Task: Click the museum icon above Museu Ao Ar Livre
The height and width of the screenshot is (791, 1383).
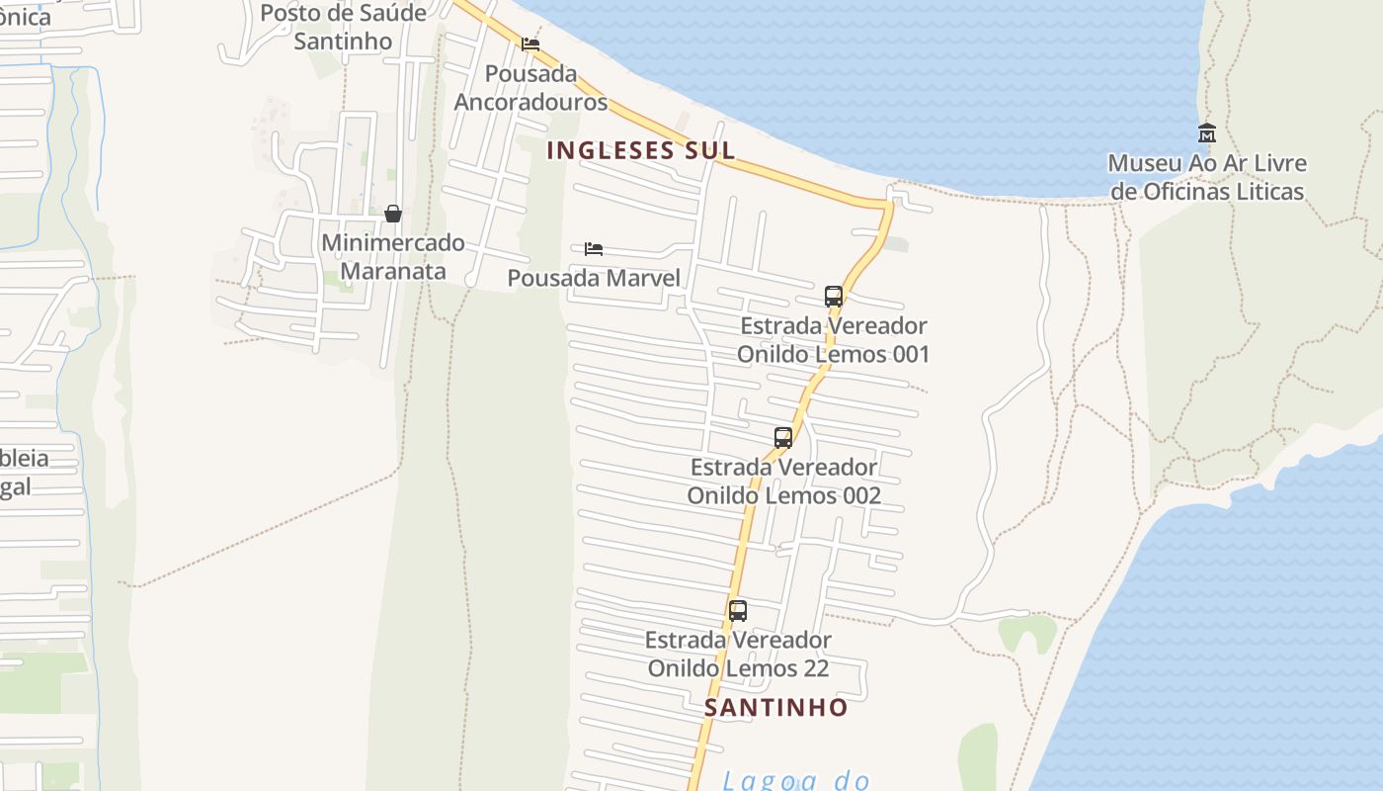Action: (1206, 133)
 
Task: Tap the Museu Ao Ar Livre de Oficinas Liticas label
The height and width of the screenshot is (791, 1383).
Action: (1207, 177)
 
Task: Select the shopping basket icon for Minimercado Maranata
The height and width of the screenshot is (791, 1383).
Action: (393, 214)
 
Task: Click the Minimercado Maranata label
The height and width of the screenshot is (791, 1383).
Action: (393, 256)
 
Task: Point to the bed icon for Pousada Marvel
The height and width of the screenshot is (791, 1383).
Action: (594, 249)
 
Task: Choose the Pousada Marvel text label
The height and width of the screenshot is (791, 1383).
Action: (594, 278)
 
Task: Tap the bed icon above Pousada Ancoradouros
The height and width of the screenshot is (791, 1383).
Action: (530, 44)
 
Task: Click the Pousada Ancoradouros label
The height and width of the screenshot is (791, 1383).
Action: (530, 88)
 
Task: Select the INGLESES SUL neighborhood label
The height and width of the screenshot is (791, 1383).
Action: (641, 150)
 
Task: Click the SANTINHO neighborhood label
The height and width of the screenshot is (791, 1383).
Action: (776, 707)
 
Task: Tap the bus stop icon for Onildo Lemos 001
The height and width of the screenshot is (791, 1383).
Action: (834, 297)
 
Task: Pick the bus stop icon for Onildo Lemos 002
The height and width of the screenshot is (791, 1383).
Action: (783, 438)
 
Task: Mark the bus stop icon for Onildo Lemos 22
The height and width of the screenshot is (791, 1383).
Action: (738, 611)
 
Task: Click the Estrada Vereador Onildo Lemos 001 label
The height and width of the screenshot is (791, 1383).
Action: (834, 339)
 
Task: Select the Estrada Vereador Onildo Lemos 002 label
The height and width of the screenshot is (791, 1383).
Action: (784, 481)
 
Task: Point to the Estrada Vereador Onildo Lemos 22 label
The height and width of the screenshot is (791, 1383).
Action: (738, 654)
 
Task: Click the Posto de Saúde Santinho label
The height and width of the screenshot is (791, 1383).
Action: (343, 27)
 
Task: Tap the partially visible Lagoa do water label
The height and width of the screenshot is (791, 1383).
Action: (795, 780)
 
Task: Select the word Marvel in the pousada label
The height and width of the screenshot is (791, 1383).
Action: (643, 278)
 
